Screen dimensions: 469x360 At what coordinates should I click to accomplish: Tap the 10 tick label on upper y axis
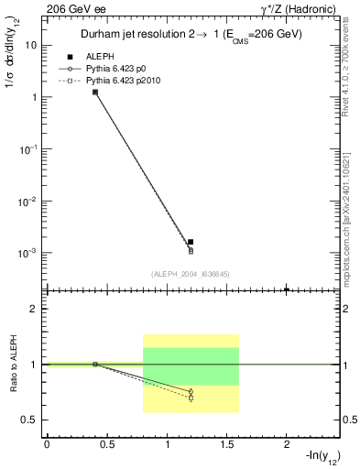(x=31, y=44)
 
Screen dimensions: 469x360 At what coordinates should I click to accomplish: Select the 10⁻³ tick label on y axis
(x=29, y=252)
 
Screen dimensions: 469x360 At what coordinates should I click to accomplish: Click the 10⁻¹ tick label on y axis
(x=29, y=148)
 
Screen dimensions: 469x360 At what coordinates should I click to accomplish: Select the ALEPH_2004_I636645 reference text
(x=190, y=273)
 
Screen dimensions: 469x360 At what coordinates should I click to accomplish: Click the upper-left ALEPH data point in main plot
(x=95, y=92)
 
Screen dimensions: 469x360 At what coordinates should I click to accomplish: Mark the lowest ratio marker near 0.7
(x=191, y=398)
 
